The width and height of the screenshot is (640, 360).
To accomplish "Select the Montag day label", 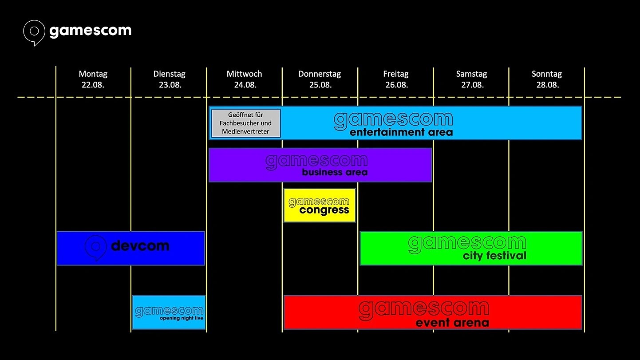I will point(93,74).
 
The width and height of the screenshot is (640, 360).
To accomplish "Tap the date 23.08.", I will point(170,85).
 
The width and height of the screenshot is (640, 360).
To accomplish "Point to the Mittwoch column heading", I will point(244,74).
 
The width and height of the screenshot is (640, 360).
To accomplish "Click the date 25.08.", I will point(320,85).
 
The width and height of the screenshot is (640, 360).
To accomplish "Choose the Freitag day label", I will point(396,74).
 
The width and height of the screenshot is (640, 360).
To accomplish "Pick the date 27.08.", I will point(472,85).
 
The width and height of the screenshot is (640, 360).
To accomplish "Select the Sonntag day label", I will point(547,74).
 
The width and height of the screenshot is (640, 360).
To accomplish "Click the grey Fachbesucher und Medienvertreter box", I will point(246,123).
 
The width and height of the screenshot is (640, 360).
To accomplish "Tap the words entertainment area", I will point(401,132).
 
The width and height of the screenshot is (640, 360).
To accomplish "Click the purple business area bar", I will point(320,165).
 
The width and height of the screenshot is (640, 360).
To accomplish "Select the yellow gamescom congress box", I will point(320,206).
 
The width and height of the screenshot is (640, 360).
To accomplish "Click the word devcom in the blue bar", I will point(140,245).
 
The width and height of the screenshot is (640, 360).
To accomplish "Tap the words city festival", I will point(494,256).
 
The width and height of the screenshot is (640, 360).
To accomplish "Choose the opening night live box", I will point(169,313).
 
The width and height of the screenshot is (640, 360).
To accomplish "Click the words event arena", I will point(452,323).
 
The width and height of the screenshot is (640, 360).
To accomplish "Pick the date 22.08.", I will point(93,85).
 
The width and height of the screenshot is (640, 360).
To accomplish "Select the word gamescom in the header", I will point(90,31).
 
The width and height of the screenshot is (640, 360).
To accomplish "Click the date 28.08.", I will point(547,85).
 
